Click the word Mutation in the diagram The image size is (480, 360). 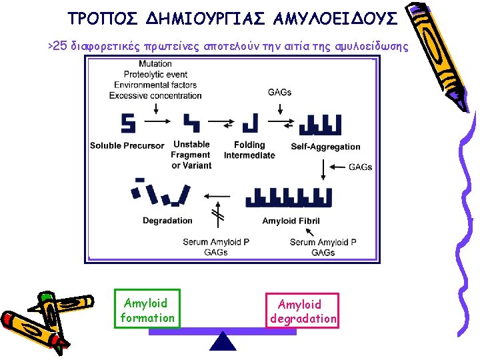[x=155, y=64]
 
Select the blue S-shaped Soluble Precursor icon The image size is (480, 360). [x=128, y=123]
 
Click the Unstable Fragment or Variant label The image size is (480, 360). [x=191, y=155]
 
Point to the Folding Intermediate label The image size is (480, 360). [x=249, y=150]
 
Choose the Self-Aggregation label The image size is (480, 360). [x=325, y=147]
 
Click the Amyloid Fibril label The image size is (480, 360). [x=291, y=221]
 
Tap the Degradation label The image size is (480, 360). [x=167, y=221]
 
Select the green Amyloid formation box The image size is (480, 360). [x=147, y=311]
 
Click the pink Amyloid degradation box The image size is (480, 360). [x=303, y=311]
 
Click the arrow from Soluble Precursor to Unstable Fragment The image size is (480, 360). [x=158, y=123]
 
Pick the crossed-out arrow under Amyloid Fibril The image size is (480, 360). [x=217, y=215]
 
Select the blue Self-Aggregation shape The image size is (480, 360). [x=321, y=123]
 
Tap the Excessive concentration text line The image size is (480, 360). [x=155, y=95]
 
